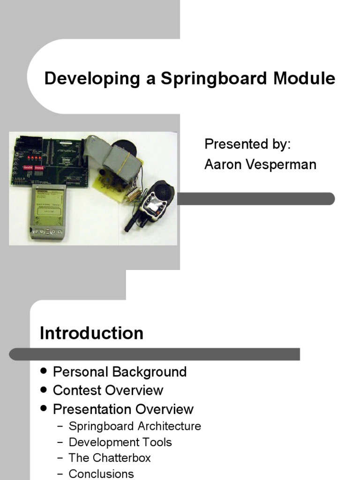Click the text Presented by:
click(x=247, y=144)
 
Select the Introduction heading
click(x=91, y=333)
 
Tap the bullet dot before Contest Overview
click(x=44, y=390)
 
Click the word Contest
click(x=77, y=390)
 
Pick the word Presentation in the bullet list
click(x=93, y=409)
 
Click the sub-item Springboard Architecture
click(x=135, y=427)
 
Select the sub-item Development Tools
click(x=120, y=442)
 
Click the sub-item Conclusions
click(x=101, y=474)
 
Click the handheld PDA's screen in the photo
click(x=48, y=204)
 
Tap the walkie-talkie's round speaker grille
click(x=162, y=190)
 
